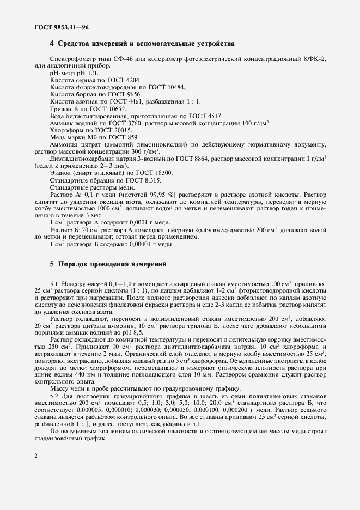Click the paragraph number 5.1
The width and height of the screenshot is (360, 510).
(x=55, y=284)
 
